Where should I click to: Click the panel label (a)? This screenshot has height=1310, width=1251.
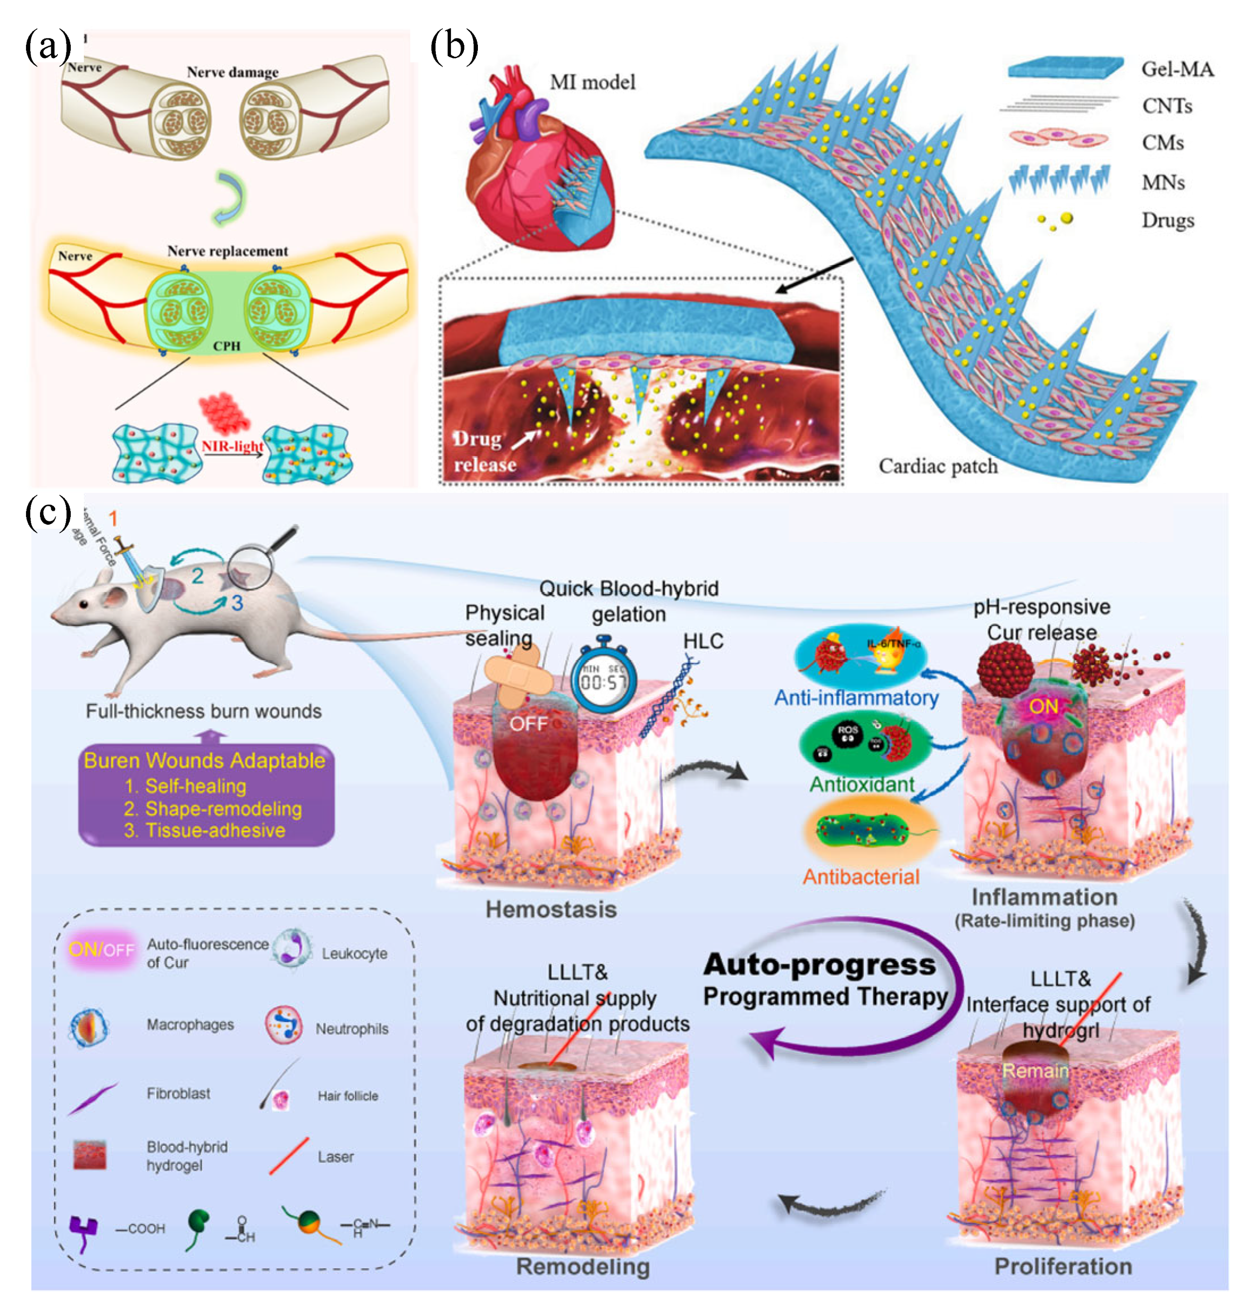coord(48,48)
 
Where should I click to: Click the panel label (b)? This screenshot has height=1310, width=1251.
coord(454,48)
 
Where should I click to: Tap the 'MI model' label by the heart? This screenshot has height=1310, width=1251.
coord(592,83)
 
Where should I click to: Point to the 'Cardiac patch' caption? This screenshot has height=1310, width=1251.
coord(937,466)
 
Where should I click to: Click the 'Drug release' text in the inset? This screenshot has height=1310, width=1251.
coord(485,451)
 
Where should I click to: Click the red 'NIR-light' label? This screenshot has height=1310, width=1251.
coord(232,445)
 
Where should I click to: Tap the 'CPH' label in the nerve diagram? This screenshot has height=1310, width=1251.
coord(226,346)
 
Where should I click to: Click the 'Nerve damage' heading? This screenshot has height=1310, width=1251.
coord(232,72)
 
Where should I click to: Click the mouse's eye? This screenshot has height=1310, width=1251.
coord(83,603)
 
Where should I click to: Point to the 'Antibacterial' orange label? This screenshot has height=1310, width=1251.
coord(861,877)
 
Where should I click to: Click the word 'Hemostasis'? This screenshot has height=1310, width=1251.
coord(551,910)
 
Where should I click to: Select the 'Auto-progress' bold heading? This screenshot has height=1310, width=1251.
coord(820,964)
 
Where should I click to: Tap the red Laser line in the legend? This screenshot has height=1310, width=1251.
coord(289,1155)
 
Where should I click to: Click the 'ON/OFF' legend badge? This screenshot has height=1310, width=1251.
coord(101,948)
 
